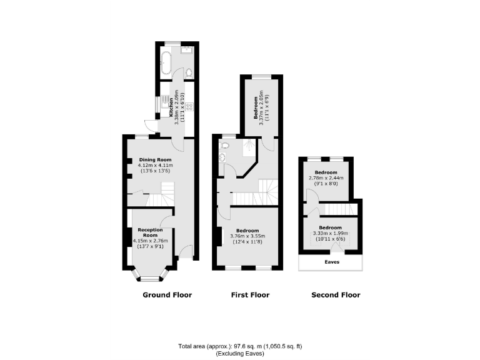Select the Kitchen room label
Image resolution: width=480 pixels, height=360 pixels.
point(171,106)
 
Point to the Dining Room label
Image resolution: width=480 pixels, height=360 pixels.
point(155,159)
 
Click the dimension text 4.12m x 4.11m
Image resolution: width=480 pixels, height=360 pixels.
point(155,166)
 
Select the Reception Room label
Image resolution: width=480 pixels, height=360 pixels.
point(150,232)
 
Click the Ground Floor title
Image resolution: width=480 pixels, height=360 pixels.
point(167,294)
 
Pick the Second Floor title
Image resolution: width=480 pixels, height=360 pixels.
point(336,294)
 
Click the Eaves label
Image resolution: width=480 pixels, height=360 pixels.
point(332,262)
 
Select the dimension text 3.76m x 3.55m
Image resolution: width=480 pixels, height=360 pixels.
point(248,236)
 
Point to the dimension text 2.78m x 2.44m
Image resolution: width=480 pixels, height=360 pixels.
point(326,178)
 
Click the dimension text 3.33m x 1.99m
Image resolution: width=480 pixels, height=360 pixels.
point(331,233)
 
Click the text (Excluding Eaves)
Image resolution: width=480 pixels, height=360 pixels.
point(240,354)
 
